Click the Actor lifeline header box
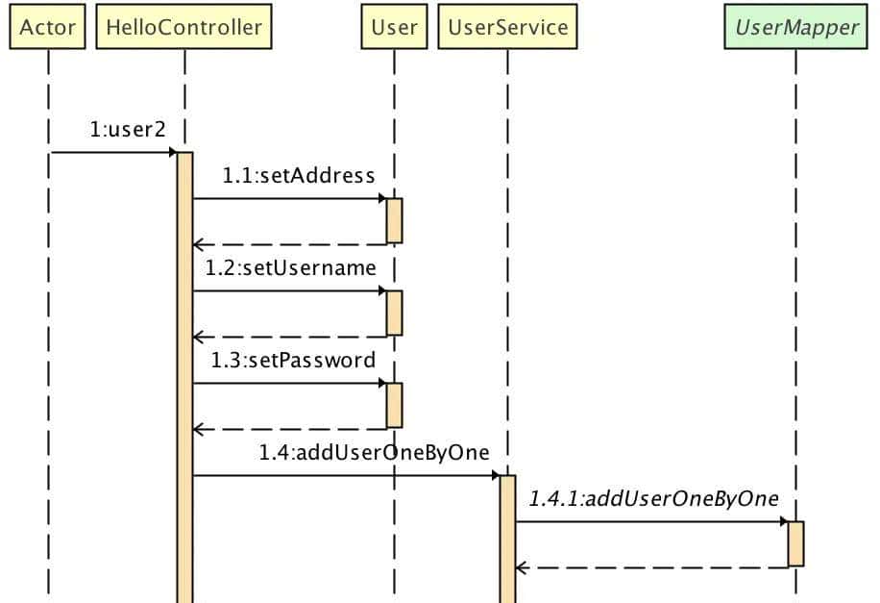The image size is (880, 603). (x=47, y=27)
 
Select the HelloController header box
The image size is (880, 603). (x=183, y=27)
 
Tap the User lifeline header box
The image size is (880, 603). (x=394, y=27)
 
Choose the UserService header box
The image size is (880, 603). (x=507, y=27)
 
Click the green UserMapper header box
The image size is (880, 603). (x=795, y=27)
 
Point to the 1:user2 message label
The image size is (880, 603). (x=128, y=130)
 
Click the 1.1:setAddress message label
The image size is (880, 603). (x=299, y=176)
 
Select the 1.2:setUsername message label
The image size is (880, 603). (x=291, y=268)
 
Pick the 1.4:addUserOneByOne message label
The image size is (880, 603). (x=374, y=453)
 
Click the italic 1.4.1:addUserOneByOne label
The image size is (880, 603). (x=653, y=499)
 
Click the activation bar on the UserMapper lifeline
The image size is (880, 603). (x=795, y=543)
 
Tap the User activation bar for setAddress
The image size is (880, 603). (x=394, y=220)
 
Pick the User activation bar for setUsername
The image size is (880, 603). (x=394, y=313)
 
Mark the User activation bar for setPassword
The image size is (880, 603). (x=394, y=405)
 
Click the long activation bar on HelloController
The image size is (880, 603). (x=184, y=385)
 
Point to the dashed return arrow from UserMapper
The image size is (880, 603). (x=653, y=567)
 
